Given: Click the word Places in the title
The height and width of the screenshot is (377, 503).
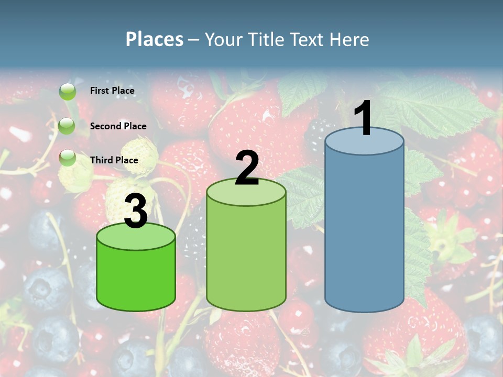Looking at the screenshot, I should point(155,39).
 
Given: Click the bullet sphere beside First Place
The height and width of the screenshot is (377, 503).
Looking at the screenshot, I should point(67,92).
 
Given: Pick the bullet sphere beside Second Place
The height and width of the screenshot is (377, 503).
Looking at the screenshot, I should point(67,126).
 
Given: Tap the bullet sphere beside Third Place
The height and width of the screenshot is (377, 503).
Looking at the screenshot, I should point(67,157).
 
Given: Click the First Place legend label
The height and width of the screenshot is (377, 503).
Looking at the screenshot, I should point(112,91).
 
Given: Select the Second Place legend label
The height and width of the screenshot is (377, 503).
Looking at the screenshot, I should point(118,126).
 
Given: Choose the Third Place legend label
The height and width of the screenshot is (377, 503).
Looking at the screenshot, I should point(114,160).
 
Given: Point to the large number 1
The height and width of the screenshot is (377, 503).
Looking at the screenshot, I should point(364,118).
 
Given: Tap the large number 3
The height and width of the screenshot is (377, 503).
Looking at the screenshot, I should point(136,211).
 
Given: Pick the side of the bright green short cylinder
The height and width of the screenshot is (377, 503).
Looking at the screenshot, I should point(136,278).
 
